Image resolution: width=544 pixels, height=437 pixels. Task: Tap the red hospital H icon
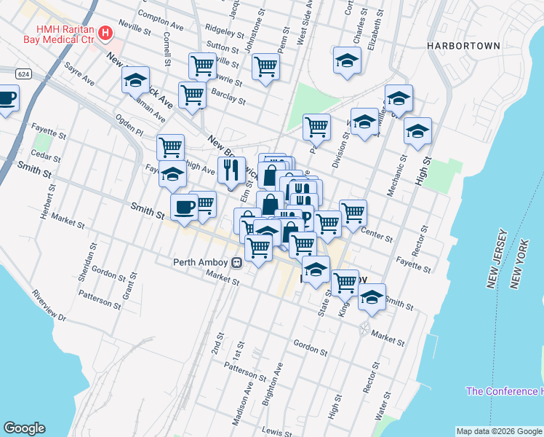(105, 33)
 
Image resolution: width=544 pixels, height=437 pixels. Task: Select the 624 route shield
(23, 74)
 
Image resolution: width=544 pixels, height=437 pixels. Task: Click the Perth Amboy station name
(201, 263)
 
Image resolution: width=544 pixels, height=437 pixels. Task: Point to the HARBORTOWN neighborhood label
(463, 46)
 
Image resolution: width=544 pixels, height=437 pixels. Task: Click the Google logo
(24, 428)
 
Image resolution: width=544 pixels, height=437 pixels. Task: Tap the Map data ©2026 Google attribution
(499, 431)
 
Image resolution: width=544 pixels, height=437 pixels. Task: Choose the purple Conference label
(505, 391)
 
